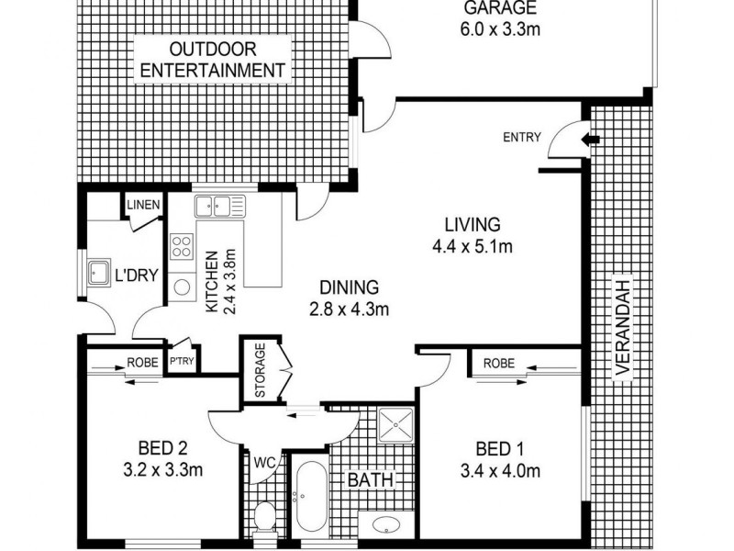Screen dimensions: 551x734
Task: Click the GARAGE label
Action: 499,9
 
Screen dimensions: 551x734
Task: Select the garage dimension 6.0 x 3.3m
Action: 499,29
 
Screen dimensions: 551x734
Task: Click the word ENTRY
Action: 522,139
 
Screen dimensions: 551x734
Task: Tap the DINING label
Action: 348,287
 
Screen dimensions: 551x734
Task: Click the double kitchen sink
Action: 217,206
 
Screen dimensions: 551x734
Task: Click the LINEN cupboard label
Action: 143,205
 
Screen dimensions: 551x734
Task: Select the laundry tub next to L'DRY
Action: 96,272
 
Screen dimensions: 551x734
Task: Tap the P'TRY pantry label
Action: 182,362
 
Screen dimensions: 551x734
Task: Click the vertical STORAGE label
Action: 260,370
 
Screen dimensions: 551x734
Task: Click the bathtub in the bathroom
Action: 307,496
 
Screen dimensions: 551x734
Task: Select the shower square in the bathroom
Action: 397,423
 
